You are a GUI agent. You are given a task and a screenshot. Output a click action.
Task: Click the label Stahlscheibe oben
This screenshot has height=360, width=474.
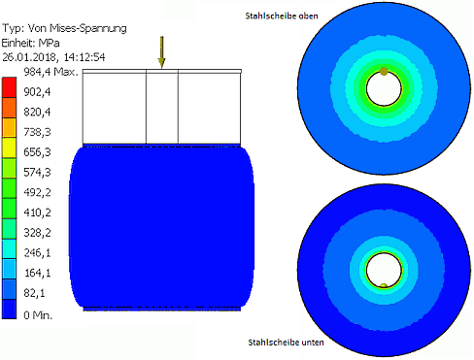[x=282, y=16]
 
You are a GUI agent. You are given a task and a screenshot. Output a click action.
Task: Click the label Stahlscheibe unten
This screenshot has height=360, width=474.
[x=286, y=343]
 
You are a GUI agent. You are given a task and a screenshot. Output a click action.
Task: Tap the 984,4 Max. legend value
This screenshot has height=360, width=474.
[x=51, y=72]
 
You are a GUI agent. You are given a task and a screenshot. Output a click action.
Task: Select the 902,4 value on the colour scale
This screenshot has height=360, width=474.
[x=37, y=92]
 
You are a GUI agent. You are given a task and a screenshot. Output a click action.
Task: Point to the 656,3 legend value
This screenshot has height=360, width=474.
[x=37, y=152]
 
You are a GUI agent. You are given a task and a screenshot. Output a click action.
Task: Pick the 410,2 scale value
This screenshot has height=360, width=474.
[x=37, y=213]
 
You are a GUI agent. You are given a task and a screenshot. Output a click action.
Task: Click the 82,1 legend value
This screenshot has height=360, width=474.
[x=34, y=293]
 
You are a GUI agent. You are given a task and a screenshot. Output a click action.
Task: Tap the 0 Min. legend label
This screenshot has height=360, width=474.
[x=38, y=314]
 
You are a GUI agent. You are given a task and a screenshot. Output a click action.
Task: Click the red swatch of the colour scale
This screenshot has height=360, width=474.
[x=9, y=87]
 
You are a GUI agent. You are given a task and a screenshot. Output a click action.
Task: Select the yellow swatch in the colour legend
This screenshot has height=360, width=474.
[x=9, y=147]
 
